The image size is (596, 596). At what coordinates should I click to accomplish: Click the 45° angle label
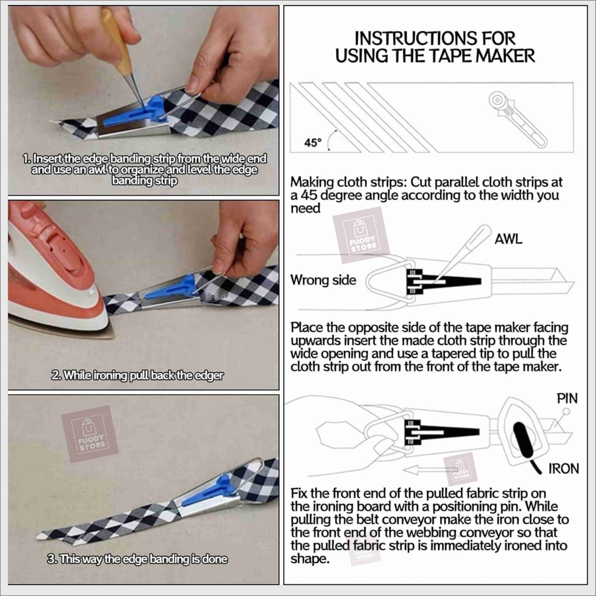click(x=312, y=143)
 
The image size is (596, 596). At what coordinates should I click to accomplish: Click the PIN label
click(x=567, y=399)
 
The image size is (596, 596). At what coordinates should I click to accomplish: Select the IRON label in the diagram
click(x=564, y=469)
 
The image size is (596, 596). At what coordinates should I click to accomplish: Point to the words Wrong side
click(x=323, y=280)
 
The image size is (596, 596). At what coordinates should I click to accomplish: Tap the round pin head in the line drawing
click(x=566, y=411)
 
